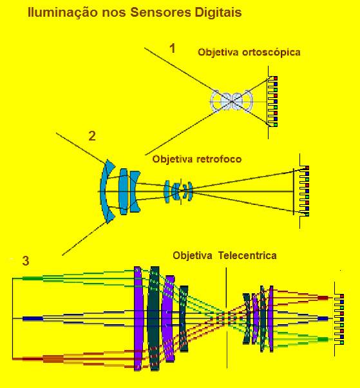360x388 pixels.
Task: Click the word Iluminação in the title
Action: (x=62, y=12)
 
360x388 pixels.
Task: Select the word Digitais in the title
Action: (x=218, y=12)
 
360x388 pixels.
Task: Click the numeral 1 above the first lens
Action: (x=173, y=48)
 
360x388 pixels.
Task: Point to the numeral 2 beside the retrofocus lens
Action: (x=92, y=136)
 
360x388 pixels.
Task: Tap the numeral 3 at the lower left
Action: (x=26, y=261)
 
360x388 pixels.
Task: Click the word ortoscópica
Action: (x=271, y=52)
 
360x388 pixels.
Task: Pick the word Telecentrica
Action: (x=247, y=255)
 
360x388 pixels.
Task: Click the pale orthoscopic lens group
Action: (x=232, y=101)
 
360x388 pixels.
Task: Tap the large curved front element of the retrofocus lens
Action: (x=106, y=191)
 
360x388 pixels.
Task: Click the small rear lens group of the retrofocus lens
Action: (x=178, y=191)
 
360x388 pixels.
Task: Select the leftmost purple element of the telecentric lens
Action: (x=138, y=318)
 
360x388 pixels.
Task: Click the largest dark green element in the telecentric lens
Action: (x=154, y=318)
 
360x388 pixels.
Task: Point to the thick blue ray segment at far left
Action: (x=33, y=318)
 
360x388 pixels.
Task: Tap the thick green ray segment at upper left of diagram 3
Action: (x=33, y=278)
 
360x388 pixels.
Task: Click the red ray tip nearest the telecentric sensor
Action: (x=323, y=298)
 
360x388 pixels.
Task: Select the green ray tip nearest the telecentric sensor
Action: (x=323, y=339)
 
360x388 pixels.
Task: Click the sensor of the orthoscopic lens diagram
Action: (x=272, y=101)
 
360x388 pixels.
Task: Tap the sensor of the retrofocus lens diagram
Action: (x=304, y=191)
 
